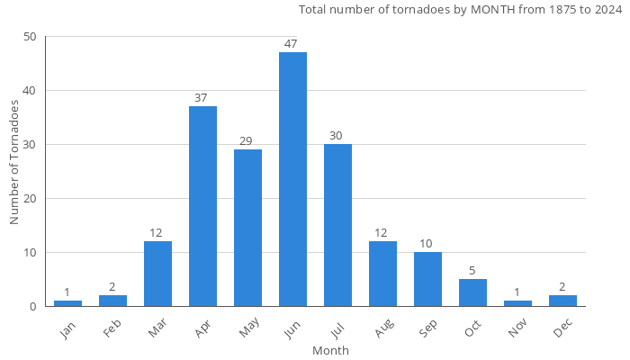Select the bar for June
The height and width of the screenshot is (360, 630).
coord(292,179)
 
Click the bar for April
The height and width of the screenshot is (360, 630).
coord(202,206)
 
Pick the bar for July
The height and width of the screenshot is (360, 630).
coord(337,225)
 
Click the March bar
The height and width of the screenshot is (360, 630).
coord(157,274)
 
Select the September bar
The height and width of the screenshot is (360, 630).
coord(427,279)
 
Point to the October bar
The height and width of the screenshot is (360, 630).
coord(472,292)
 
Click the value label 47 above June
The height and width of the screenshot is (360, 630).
coord(292,43)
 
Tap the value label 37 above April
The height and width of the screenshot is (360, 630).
coord(202,97)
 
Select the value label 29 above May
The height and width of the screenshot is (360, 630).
coord(247,140)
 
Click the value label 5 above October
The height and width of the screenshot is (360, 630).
coord(472,270)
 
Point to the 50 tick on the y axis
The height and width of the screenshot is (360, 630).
coord(31,37)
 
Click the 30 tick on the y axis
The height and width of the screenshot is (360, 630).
coord(31,145)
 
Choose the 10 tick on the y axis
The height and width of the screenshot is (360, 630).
coord(31,252)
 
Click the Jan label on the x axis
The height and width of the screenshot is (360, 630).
coord(67,330)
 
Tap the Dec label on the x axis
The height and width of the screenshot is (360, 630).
coord(562,330)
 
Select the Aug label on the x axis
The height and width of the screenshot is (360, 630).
coord(382,330)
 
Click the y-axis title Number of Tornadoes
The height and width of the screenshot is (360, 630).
coord(14,162)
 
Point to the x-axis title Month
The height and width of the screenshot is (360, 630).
coord(330,350)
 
